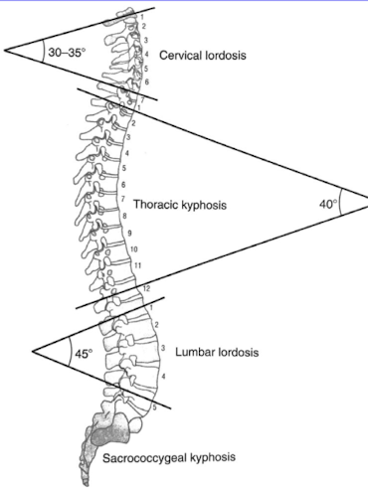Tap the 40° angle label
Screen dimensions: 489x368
328,204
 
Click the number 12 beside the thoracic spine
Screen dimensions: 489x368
146,286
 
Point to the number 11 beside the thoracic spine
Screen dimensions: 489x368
137,265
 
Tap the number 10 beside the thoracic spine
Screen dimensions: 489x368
133,248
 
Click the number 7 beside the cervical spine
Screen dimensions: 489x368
143,99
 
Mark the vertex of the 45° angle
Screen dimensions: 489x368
33,351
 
